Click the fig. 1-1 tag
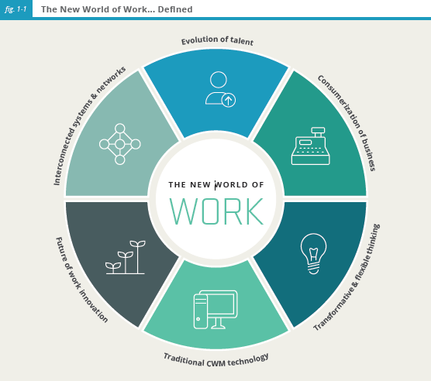pos(16,9)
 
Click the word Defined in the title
pos(175,9)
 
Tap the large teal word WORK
pos(216,211)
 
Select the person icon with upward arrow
pos(220,90)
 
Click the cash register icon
pos(311,146)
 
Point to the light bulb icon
pos(313,253)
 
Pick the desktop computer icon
pos(215,310)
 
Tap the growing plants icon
pos(126,257)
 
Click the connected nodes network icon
pos(120,144)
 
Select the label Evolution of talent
pos(217,40)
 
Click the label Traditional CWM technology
pos(216,360)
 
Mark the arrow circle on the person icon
pos(229,100)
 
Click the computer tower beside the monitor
pos(200,311)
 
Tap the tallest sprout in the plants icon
pos(137,257)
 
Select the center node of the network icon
pos(120,144)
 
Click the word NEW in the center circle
pos(200,185)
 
